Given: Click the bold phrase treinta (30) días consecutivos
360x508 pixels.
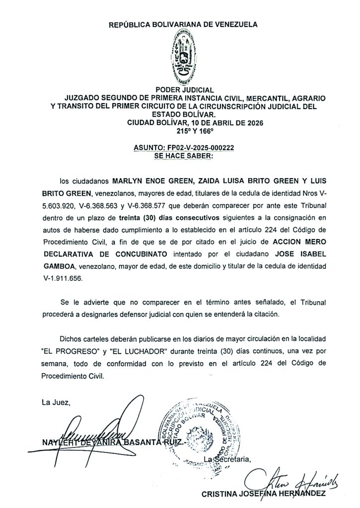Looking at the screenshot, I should click(160, 218).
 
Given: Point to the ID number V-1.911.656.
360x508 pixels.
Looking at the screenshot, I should click(62, 279).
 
